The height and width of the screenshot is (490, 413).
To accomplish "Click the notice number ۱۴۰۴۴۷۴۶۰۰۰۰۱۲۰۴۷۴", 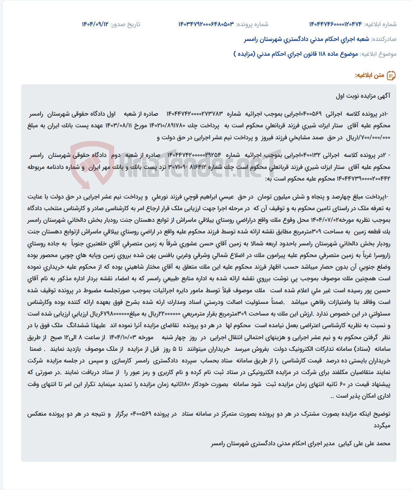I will point(335,24).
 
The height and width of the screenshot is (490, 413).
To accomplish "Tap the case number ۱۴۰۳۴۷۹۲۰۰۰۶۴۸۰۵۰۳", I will point(206,24).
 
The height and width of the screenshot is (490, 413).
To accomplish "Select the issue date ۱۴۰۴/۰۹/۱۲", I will point(95,24).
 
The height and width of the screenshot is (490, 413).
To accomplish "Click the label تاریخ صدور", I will point(125,24).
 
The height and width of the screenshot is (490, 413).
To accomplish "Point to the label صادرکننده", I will point(384,39).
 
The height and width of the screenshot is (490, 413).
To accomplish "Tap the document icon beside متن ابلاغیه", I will point(391,75).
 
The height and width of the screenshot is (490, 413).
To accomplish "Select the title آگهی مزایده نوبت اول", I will point(363,96).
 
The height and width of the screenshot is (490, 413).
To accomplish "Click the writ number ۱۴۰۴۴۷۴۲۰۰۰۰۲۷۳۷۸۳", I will point(195,114).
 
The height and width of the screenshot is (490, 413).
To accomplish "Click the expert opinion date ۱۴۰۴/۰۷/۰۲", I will point(328,220).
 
